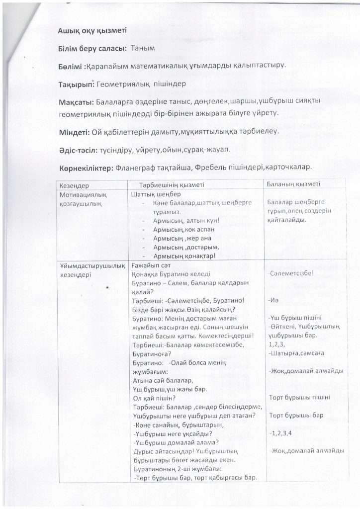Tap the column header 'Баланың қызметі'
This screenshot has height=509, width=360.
point(293,184)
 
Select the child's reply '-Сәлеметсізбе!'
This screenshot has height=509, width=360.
point(290,273)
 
